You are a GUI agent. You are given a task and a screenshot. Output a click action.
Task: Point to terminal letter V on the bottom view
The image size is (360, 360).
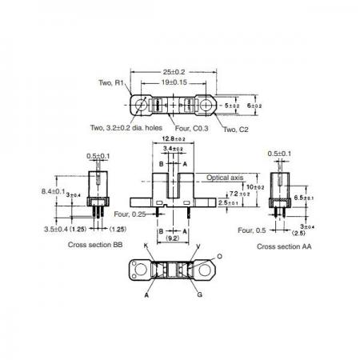click(x=198, y=246)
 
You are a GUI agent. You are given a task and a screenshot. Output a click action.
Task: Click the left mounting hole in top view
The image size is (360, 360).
click(x=141, y=105)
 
